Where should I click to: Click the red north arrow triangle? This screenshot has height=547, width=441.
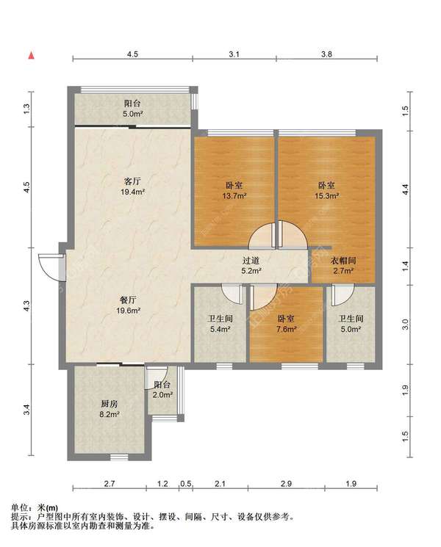coord(32,55)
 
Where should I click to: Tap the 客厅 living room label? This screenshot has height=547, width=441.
coord(133,181)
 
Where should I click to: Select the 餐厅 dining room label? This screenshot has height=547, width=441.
coord(128,300)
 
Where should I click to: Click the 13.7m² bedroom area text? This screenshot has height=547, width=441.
coord(234,196)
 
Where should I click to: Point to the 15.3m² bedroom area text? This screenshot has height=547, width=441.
coord(326,196)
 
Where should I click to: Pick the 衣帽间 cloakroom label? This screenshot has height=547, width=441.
coord(343,261)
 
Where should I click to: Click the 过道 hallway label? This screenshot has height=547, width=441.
coord(251,261)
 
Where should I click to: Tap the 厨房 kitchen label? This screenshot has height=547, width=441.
coord(110,404)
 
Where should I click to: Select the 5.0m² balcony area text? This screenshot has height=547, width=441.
coord(133,114)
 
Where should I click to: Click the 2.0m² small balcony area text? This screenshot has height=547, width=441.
coord(162,395)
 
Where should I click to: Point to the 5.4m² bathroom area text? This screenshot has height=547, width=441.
coord(220,329)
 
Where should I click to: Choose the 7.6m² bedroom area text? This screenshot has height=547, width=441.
coord(287,329)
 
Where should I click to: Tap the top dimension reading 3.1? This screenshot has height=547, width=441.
coord(234,54)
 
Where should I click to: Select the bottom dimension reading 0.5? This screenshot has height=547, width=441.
coord(186,484)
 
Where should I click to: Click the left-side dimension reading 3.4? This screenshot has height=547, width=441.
coord(27,410)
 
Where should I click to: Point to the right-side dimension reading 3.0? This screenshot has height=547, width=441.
coord(405,325)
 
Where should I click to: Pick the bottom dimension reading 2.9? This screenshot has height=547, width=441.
coord(286,484)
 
